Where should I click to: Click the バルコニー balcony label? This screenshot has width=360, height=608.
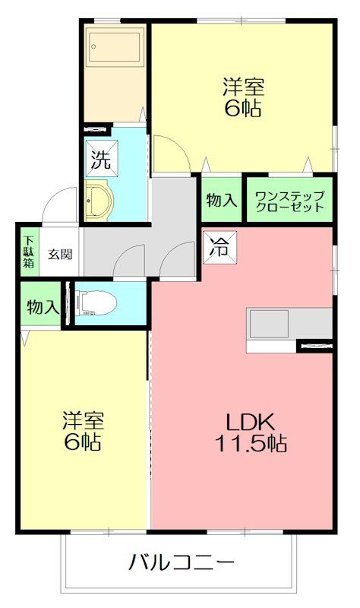coord(181,563)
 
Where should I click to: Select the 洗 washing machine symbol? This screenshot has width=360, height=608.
coord(100,160)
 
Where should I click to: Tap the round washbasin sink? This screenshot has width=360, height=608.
coord(98,203)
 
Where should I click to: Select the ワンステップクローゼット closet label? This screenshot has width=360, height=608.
coord(289,201)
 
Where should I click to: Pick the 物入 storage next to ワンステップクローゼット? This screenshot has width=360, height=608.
coord(221,201)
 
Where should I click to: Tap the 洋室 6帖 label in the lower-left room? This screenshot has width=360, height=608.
coord(83,431)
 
